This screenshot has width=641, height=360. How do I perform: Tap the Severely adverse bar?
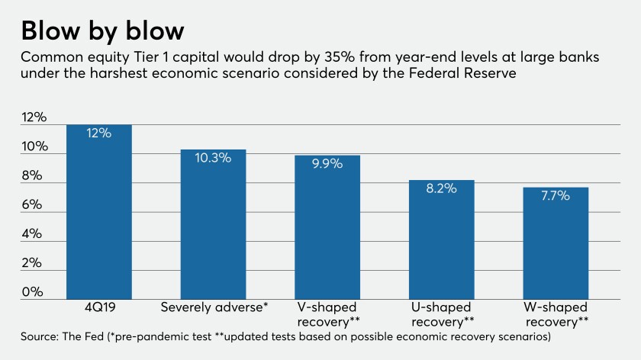pos(213,229)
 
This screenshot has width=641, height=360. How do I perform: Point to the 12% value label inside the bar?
pos(99,133)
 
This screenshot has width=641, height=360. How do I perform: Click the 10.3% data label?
pos(213,158)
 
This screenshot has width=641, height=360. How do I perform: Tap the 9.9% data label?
pos(327,163)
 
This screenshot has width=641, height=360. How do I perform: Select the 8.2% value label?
pos(442,188)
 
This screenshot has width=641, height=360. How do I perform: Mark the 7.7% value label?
pos(556,195)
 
